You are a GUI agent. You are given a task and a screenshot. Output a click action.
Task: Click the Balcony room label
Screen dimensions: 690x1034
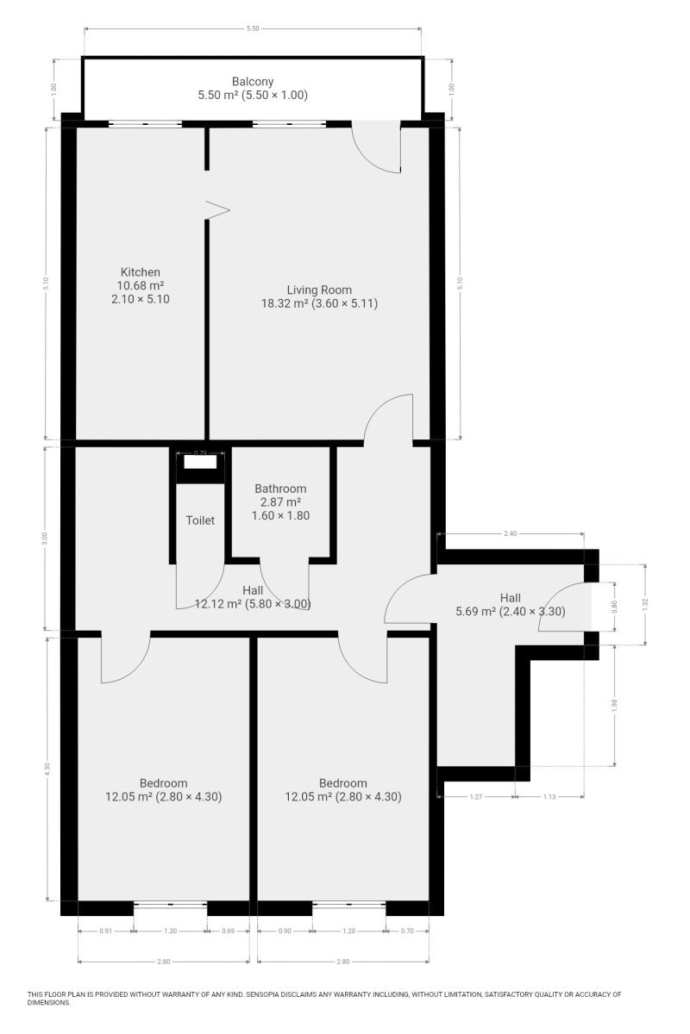(253, 82)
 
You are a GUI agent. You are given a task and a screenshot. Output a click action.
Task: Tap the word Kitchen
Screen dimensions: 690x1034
(140, 272)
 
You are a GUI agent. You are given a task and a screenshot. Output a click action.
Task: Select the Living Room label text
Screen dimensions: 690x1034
(319, 290)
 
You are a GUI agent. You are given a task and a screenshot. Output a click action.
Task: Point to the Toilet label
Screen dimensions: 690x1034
(200, 520)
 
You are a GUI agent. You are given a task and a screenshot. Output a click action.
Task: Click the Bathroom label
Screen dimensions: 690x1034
(280, 489)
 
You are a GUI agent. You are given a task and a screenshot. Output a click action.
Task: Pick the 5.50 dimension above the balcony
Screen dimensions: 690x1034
(253, 28)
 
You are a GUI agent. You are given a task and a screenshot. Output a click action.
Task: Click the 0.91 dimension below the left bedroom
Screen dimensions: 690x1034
(106, 931)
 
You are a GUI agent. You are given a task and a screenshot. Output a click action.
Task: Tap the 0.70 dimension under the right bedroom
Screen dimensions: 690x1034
(407, 931)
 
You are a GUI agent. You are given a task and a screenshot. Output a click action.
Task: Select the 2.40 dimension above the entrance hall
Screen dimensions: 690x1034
(511, 533)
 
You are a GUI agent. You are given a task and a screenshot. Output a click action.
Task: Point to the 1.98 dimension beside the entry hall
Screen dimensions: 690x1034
(614, 706)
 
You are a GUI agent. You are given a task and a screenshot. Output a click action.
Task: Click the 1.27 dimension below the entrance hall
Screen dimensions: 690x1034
(476, 797)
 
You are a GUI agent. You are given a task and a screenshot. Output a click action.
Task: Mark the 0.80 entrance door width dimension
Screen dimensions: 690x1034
(614, 606)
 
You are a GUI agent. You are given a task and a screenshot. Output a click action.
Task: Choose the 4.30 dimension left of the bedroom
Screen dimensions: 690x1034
(47, 769)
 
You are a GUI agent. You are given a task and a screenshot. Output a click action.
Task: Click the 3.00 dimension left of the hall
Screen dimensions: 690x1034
(45, 538)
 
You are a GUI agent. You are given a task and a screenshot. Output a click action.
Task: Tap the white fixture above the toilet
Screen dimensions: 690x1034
(200, 462)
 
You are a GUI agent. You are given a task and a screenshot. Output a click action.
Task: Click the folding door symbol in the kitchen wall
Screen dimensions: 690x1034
(217, 210)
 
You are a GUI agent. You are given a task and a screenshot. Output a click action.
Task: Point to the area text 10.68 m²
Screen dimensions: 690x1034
(141, 286)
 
